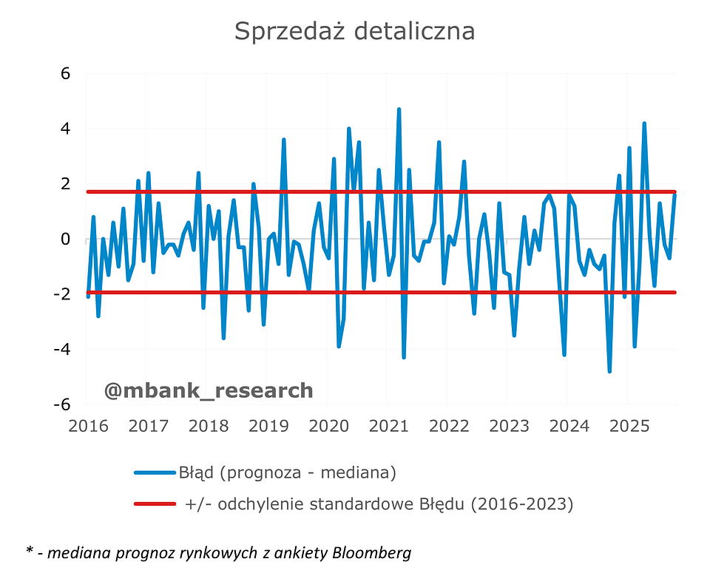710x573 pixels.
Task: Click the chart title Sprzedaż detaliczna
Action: [x=354, y=31]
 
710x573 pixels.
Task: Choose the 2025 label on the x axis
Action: [x=627, y=427]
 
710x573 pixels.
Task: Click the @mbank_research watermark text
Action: [x=208, y=390]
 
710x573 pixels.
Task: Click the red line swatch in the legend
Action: [x=155, y=504]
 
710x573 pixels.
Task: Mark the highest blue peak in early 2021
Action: [x=399, y=109]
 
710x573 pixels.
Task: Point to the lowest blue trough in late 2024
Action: [x=609, y=371]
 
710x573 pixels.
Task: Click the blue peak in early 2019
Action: [x=283, y=140]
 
